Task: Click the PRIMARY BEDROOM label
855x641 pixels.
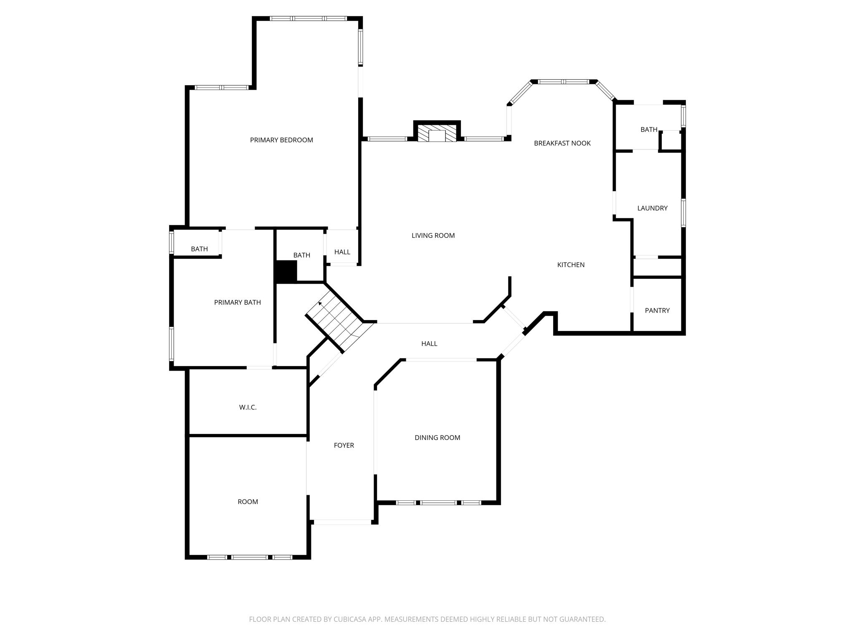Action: pos(281,140)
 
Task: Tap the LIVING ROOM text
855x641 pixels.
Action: pos(433,236)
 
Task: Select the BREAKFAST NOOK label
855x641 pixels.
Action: pos(562,144)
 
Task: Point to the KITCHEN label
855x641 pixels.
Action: pos(571,265)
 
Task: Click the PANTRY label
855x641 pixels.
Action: pos(657,311)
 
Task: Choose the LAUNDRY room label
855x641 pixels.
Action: pos(652,208)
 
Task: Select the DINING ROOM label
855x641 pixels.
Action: pos(437,438)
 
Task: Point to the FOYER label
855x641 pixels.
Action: pos(344,446)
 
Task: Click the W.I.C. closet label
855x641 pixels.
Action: pos(248,408)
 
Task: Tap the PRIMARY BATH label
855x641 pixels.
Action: pos(237,303)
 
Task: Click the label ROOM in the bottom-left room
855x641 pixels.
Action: pos(248,502)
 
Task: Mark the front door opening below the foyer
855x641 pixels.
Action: pos(342,522)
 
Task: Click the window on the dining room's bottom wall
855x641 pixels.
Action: pos(438,503)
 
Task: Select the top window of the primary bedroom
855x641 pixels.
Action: pos(308,18)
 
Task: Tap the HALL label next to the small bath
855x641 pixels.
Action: pos(342,252)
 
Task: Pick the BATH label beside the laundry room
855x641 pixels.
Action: pos(649,130)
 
